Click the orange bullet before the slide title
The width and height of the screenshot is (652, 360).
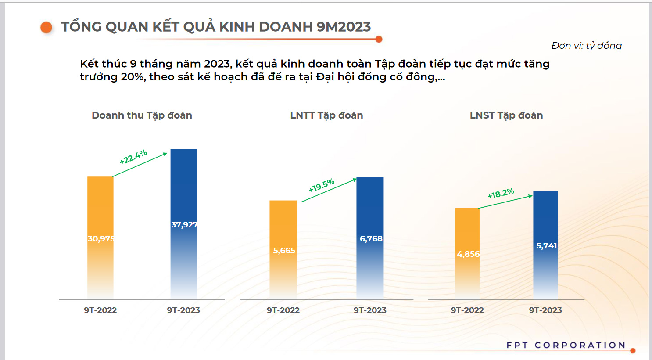(46, 27)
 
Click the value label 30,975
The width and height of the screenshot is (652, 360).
(101, 239)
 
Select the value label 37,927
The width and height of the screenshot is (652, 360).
(184, 225)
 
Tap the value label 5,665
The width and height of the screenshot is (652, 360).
(284, 251)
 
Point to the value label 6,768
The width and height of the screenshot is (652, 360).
(371, 239)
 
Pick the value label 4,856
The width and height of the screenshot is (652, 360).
(468, 254)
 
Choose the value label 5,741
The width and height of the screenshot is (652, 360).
(546, 246)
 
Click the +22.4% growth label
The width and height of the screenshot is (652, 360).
(133, 157)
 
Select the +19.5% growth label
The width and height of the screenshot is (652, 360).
(322, 186)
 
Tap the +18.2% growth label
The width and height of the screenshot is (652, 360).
(501, 194)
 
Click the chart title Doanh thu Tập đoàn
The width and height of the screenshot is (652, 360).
(142, 115)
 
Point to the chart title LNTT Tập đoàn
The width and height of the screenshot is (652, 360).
(326, 115)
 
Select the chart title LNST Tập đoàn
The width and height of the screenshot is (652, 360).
(506, 115)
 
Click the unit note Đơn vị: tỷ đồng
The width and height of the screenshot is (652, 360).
(586, 46)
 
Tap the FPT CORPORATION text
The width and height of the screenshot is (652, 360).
(566, 345)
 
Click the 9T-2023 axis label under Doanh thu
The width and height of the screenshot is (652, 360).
(183, 310)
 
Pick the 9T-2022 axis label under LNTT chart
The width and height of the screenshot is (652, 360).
(283, 310)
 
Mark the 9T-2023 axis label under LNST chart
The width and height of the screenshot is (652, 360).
(545, 310)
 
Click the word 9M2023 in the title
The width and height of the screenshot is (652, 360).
(344, 27)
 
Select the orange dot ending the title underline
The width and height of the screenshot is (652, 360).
(379, 39)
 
